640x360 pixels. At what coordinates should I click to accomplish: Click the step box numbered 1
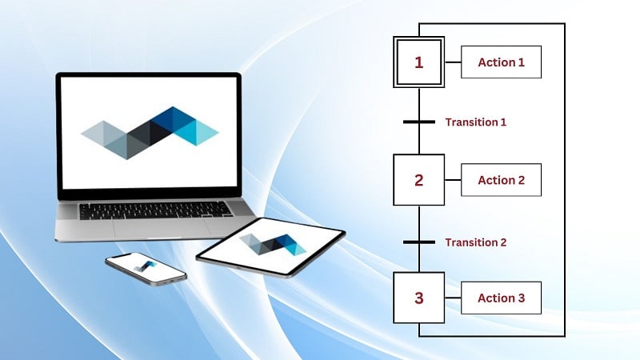tap(418, 62)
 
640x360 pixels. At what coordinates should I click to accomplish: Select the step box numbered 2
tap(418, 179)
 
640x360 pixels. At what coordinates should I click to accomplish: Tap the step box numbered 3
tap(418, 298)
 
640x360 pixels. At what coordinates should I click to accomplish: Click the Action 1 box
tap(502, 62)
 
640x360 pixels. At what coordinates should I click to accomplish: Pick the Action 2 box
tap(502, 180)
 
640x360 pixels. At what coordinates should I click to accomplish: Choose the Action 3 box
tap(502, 298)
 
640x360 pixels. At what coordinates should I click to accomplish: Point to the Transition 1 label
tap(476, 122)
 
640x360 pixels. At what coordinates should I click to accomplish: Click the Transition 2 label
tap(476, 242)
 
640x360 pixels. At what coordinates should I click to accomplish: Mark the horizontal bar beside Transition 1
tap(419, 122)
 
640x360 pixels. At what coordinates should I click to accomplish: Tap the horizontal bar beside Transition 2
tap(419, 242)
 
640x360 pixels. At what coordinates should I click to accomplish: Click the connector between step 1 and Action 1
tap(453, 62)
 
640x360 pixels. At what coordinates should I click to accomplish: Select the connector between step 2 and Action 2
tap(453, 179)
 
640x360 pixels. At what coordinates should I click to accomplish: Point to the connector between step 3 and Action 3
tap(453, 298)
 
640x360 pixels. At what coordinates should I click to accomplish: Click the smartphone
tap(146, 269)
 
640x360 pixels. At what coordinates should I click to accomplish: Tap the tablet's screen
tap(271, 246)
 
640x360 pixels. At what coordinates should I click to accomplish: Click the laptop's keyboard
tap(155, 210)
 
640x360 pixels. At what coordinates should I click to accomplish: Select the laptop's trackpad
tap(159, 228)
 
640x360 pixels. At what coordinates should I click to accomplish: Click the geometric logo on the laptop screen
tap(150, 133)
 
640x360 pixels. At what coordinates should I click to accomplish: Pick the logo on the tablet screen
tap(273, 245)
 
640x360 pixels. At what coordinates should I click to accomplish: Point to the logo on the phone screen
tap(146, 266)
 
